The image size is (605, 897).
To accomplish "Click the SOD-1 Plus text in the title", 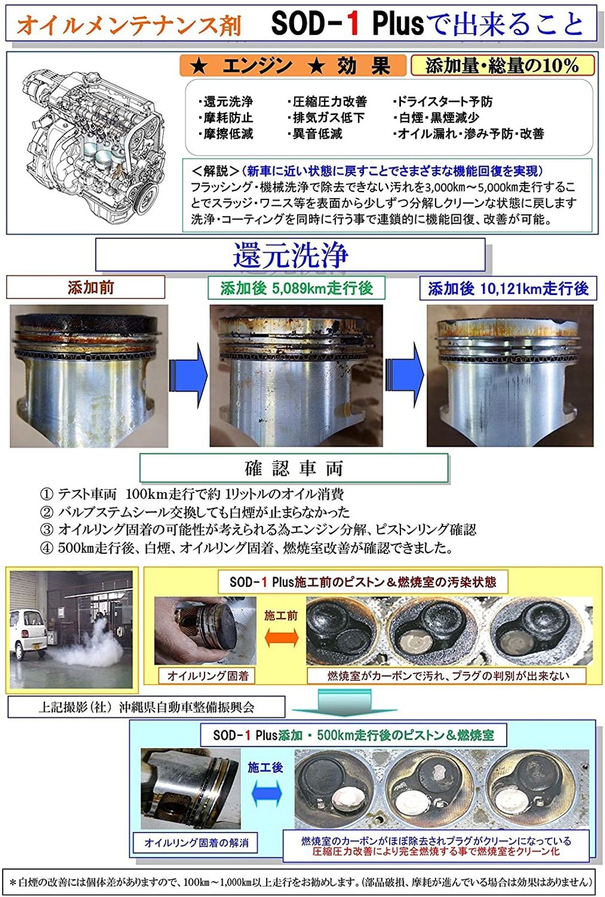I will tap(348, 24).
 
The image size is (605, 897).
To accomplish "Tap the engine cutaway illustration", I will tap(94, 140).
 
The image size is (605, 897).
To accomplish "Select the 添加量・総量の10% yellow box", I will tap(502, 66).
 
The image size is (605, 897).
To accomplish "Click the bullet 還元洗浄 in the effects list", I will tap(226, 102).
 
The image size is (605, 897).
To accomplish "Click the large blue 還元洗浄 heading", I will tap(290, 254).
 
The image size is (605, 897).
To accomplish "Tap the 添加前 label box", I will tap(86, 287).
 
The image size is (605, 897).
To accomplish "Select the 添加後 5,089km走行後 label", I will tap(296, 288).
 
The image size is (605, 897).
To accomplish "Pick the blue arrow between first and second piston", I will tap(188, 376).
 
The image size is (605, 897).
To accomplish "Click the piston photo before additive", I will tap(89, 376).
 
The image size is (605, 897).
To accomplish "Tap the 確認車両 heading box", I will tap(294, 468).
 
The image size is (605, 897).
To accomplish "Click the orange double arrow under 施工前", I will tap(281, 638).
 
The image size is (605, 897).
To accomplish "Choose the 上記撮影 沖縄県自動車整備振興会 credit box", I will tap(146, 707).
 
